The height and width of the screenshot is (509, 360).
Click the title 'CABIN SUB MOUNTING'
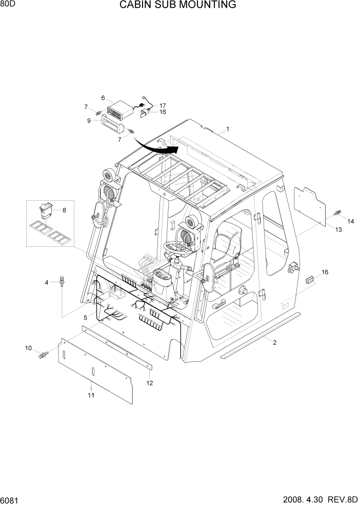tap(178, 6)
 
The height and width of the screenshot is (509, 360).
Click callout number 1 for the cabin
tap(227, 129)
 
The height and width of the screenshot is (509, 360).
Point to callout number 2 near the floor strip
tap(274, 342)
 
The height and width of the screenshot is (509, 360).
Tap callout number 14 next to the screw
tap(351, 221)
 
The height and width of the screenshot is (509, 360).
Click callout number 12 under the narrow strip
tap(150, 383)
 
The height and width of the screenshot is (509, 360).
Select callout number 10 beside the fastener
tap(29, 348)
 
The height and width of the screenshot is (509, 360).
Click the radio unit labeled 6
tap(119, 110)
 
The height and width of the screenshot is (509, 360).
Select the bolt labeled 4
tap(62, 282)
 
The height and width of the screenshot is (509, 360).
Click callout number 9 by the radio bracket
tap(89, 121)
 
